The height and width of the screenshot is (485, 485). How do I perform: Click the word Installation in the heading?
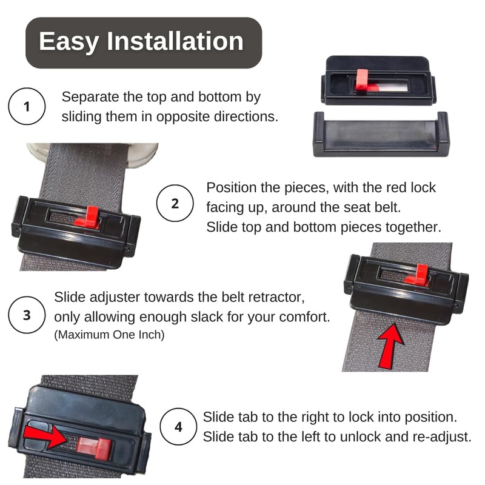(175, 42)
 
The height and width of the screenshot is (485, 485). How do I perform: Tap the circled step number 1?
(26, 107)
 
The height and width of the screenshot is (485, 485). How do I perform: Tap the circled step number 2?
(175, 204)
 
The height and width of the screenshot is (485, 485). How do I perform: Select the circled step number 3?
(27, 316)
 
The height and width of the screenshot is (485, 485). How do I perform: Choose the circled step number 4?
(178, 427)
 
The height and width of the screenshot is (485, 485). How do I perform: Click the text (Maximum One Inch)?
(109, 335)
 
